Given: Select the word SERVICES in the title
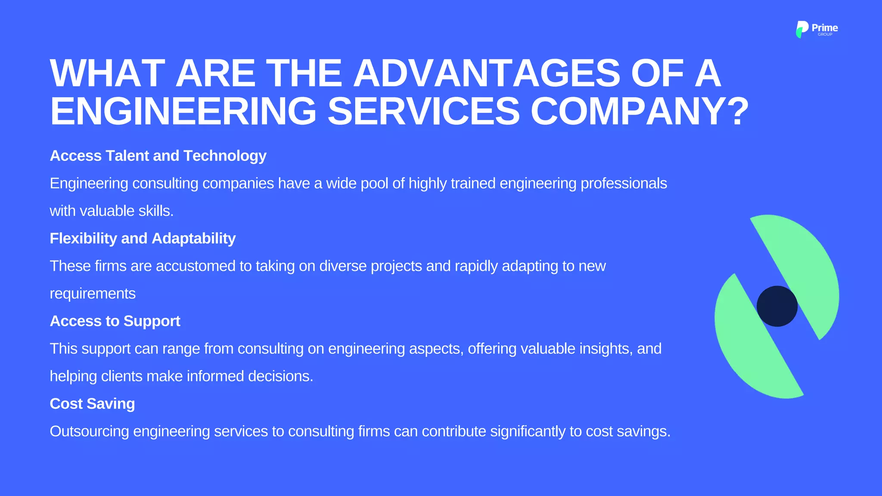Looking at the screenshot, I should pos(424,111).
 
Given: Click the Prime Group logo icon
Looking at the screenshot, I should pos(801,29).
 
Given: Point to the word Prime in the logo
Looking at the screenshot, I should pos(825,28).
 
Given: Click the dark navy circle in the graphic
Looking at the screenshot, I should pos(777,306).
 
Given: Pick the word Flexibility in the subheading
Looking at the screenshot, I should pos(83,239).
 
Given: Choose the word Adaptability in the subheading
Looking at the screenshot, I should pos(193,239).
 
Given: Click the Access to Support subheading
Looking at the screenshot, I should pos(115,321).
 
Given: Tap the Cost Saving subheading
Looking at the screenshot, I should pos(92,404).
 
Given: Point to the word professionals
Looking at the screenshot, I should pos(624,184).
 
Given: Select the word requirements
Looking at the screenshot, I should pos(93,294).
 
